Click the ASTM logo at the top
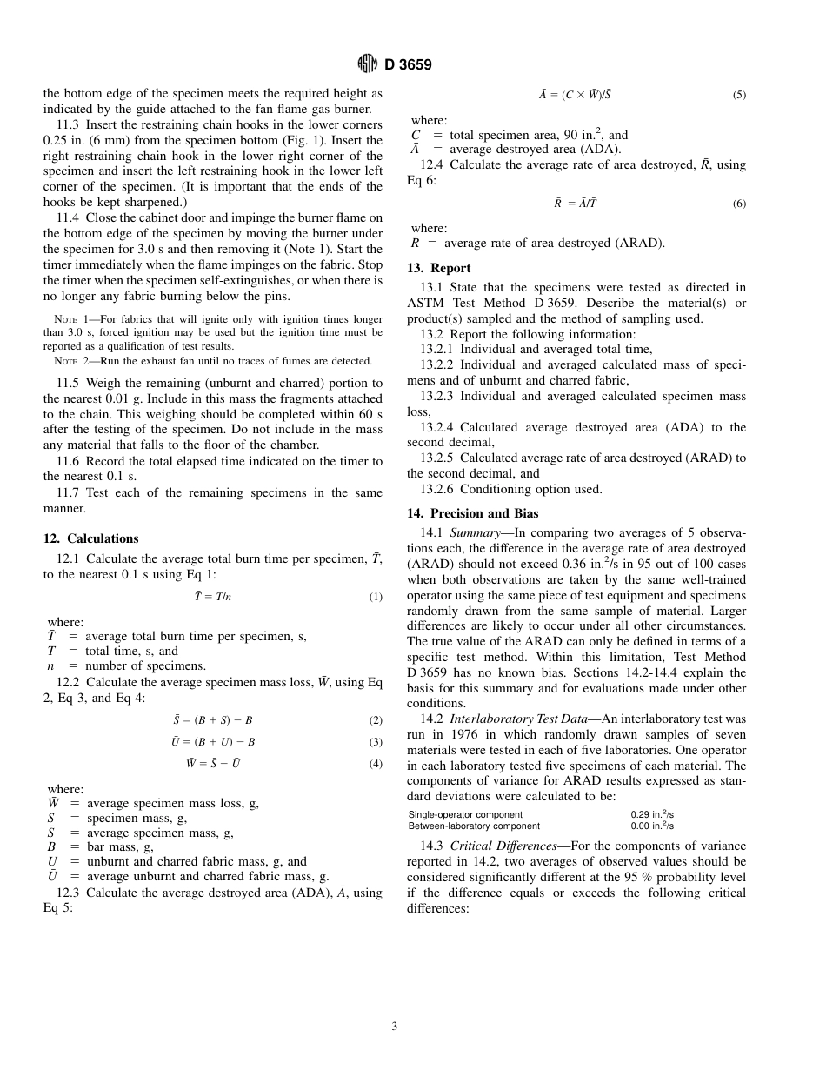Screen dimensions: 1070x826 tap(367, 64)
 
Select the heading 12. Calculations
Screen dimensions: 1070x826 tap(91, 538)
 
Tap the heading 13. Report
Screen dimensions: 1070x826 tap(439, 268)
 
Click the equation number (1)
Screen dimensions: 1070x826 tap(376, 597)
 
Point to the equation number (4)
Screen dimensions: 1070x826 tap(376, 764)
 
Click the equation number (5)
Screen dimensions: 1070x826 tap(739, 95)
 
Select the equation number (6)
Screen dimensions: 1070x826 tap(739, 204)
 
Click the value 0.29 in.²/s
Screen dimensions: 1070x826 tap(652, 815)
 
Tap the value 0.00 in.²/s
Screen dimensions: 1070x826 tap(652, 826)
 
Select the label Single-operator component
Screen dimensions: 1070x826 tap(465, 815)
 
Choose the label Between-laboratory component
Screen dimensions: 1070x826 tap(474, 826)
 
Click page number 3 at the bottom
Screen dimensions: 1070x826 tap(394, 1027)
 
